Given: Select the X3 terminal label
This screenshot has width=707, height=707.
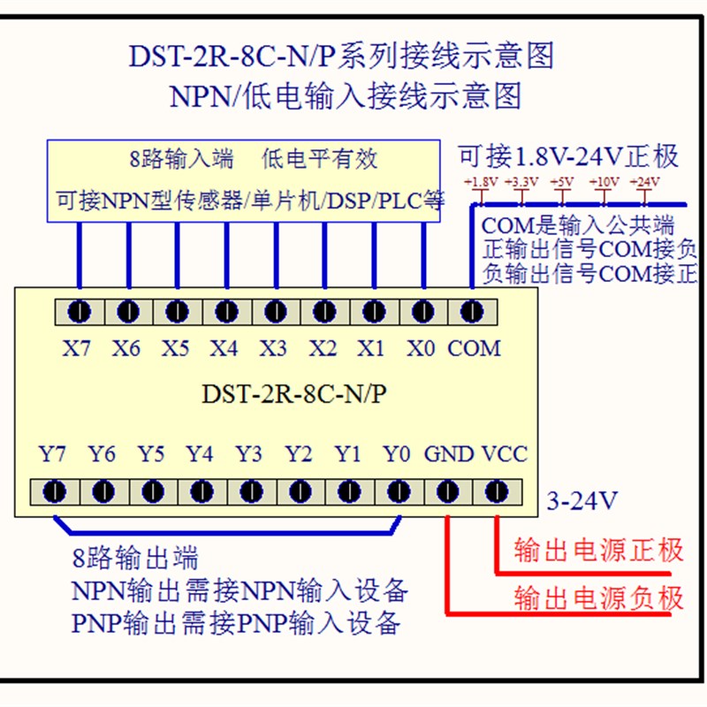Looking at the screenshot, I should point(273,348).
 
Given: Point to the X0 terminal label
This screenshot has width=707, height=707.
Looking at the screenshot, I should point(421,348).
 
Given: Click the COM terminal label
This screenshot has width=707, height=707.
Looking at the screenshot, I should point(474,348).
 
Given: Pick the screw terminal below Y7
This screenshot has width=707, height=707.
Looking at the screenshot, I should point(55,490).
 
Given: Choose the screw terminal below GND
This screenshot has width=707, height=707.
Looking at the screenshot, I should point(448,490).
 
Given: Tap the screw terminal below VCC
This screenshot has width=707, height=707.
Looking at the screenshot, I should point(497,490).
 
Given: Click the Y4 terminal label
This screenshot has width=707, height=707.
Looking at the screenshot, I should point(200,455).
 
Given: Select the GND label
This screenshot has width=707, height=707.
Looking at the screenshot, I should point(449,455).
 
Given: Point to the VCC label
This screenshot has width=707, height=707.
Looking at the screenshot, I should point(505,455).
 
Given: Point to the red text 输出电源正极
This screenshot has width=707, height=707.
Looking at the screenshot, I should point(599,550).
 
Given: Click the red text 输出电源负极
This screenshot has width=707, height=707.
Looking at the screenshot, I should point(599,598).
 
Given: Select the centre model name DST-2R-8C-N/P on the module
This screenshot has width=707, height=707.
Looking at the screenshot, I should point(294,394).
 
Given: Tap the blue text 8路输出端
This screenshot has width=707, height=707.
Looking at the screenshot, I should point(135,558).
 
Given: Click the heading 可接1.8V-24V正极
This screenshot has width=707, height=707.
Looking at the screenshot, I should point(568,157).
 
